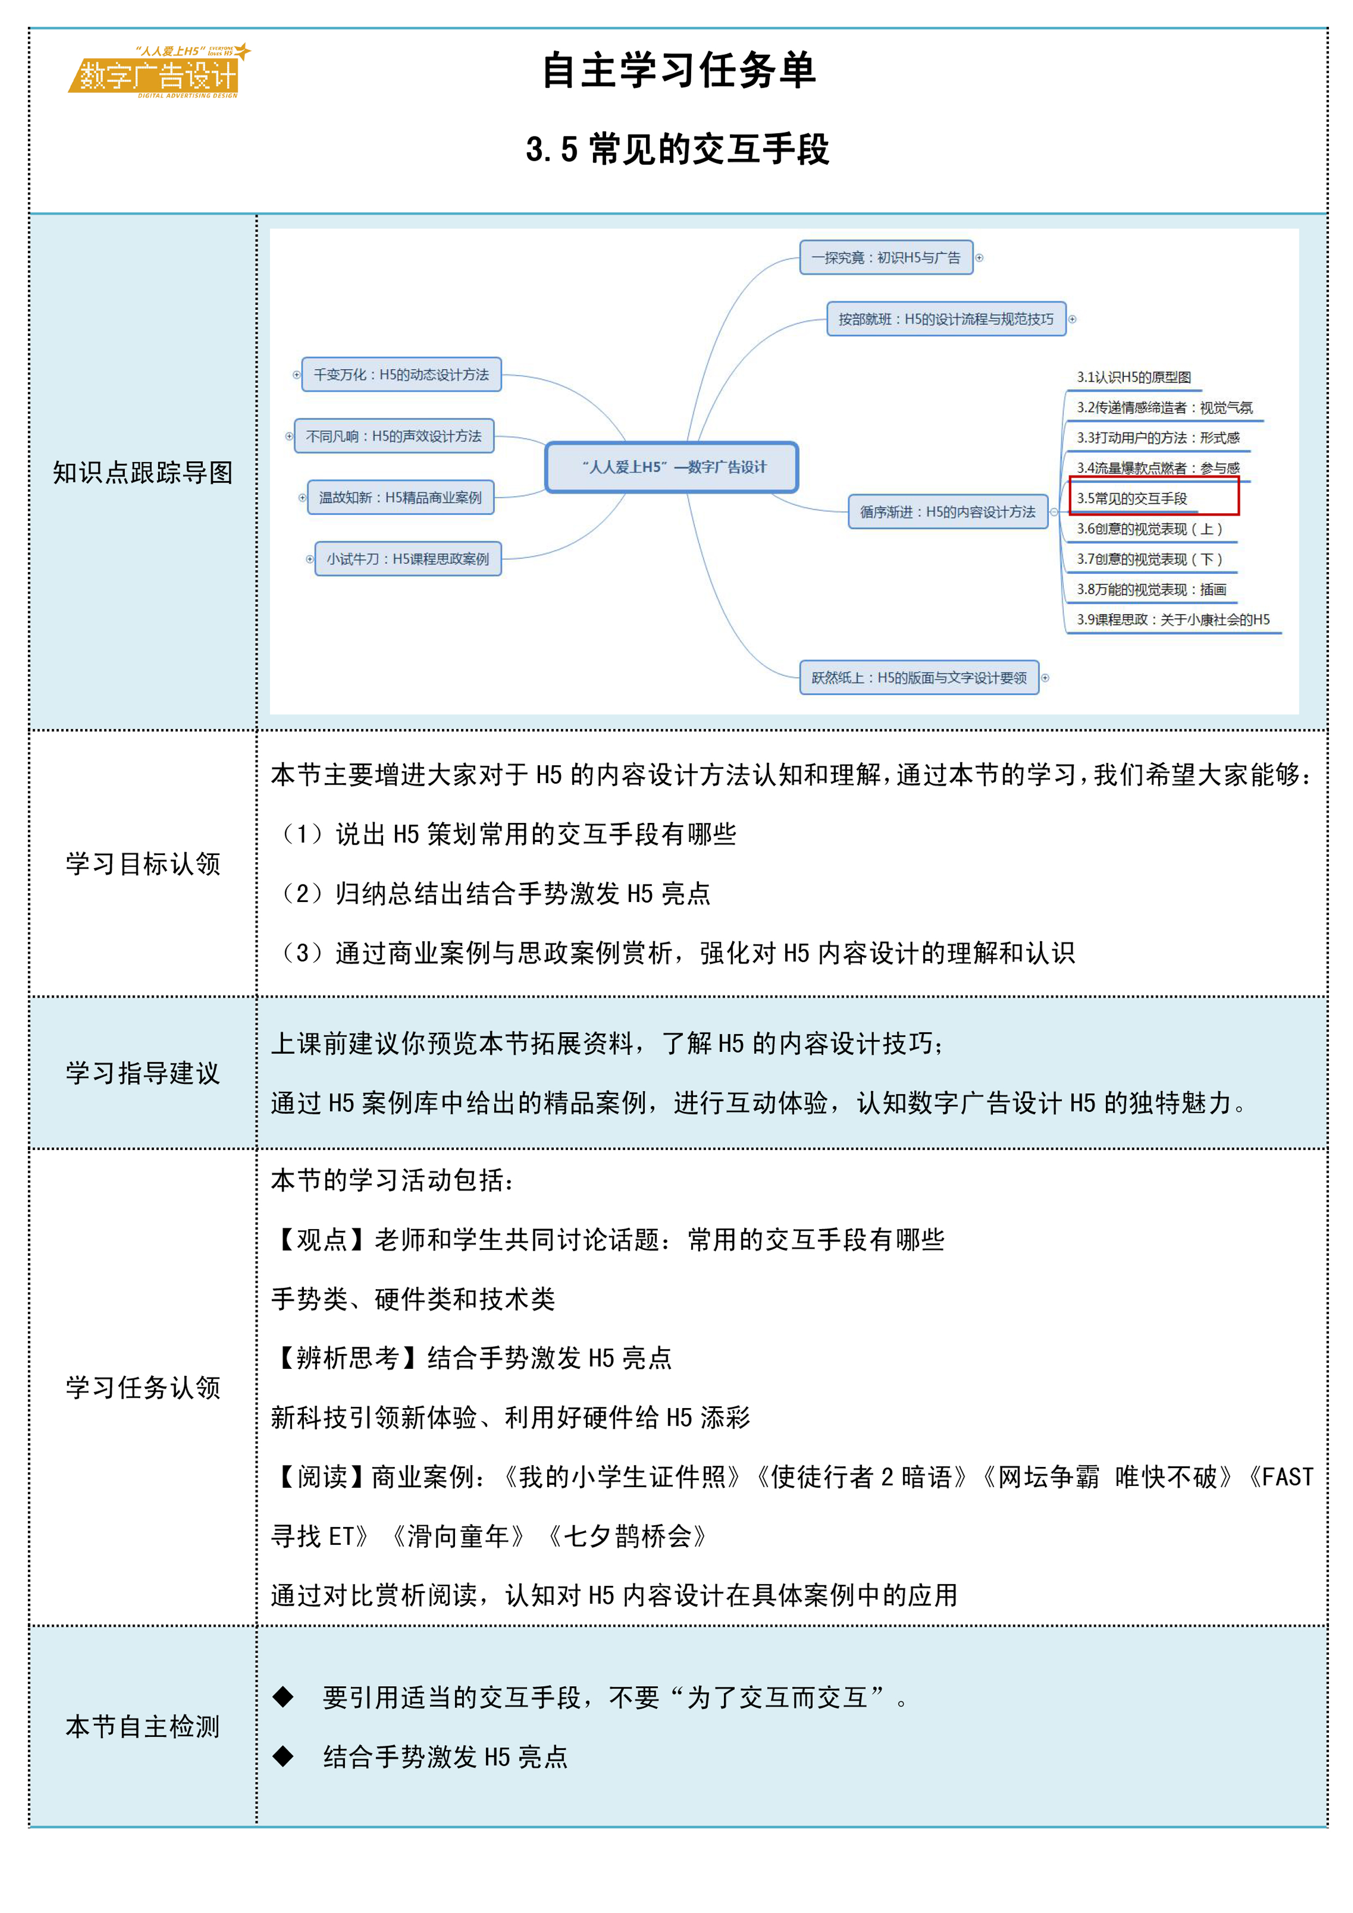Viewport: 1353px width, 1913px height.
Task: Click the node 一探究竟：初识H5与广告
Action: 885,257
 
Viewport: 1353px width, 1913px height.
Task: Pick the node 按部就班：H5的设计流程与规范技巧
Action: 945,319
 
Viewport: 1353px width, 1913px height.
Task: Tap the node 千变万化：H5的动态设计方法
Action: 401,374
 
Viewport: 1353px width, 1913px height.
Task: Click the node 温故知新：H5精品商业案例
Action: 400,497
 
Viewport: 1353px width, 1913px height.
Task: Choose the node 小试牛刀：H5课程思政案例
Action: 408,559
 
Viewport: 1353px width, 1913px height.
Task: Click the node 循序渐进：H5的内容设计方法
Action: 947,512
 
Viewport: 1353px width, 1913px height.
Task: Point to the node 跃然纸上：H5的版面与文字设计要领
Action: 919,677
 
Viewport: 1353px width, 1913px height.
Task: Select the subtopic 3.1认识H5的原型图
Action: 1133,377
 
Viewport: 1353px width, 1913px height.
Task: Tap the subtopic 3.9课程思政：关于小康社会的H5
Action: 1172,619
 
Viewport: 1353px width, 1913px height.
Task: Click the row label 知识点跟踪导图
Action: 142,472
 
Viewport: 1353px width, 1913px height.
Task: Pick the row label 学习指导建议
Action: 142,1073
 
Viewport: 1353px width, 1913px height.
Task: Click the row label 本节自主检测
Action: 142,1726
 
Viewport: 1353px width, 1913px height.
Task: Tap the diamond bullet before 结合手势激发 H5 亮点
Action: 284,1756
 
